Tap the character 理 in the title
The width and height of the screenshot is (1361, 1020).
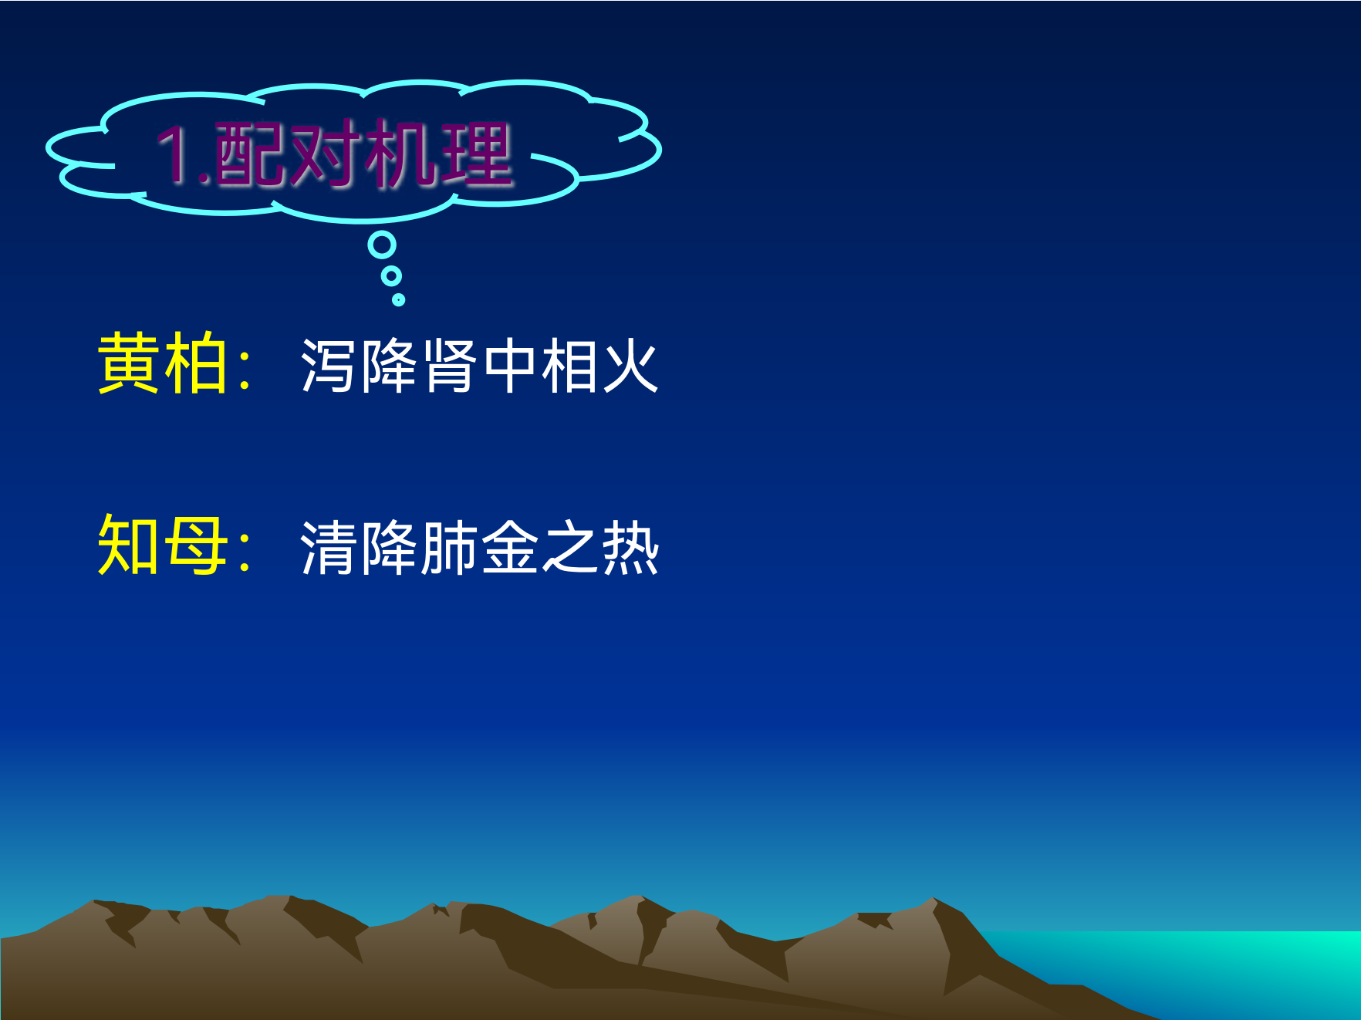point(476,154)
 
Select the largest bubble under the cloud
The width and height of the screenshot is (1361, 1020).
point(382,245)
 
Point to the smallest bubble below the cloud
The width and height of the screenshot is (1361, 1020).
point(398,299)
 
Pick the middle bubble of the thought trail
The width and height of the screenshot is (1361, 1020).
point(392,275)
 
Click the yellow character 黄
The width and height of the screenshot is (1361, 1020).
point(129,363)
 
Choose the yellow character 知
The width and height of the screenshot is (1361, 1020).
point(129,545)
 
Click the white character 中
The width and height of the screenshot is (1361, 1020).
point(510,366)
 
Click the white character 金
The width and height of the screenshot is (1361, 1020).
point(510,548)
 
